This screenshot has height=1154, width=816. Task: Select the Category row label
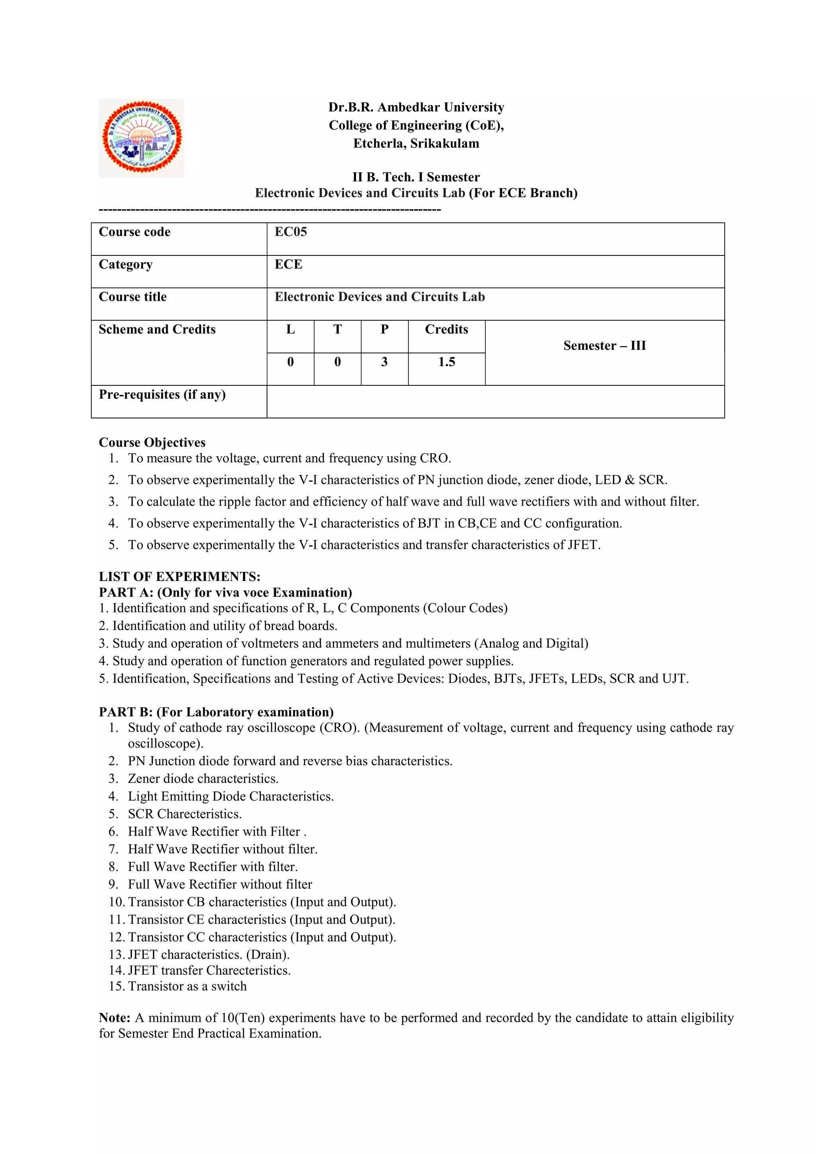tap(126, 264)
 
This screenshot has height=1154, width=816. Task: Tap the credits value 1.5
tap(446, 362)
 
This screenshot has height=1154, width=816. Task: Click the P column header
tap(384, 329)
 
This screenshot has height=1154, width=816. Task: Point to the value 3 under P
tap(384, 362)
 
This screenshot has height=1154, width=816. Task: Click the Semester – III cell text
tap(604, 346)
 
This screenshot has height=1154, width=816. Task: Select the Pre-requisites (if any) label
tap(162, 394)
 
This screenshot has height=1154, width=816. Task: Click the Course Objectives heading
tap(152, 442)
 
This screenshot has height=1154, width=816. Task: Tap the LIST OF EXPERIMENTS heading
tap(179, 577)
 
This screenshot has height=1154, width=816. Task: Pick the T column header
tap(337, 329)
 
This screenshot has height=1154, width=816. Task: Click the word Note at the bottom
tap(115, 1018)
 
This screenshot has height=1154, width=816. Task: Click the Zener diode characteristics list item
tap(203, 779)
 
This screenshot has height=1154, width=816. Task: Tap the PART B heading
tap(216, 712)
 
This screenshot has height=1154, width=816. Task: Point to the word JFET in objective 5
tap(583, 545)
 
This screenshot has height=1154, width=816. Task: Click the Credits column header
tap(446, 329)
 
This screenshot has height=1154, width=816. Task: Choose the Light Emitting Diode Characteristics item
tap(231, 796)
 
